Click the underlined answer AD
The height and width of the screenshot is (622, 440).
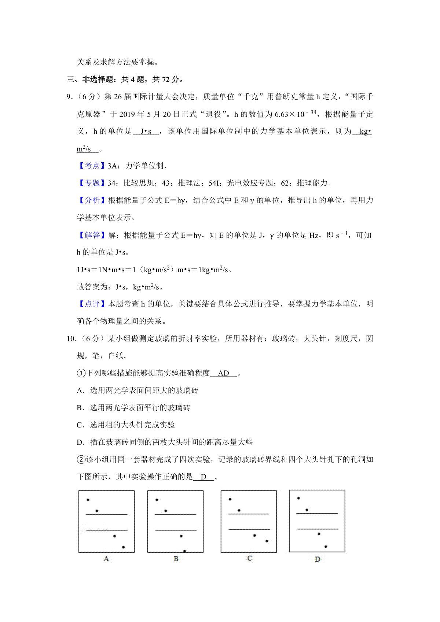[223, 373]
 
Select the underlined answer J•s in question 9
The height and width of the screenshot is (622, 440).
[146, 132]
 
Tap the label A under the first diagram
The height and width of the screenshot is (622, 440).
[106, 559]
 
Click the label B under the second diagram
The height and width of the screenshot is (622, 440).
[176, 559]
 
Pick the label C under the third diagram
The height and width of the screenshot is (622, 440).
[249, 558]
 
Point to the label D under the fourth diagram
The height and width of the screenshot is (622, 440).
[318, 559]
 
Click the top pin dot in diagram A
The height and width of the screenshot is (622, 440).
[88, 500]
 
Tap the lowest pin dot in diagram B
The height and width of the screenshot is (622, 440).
[184, 551]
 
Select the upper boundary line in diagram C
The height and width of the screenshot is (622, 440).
[249, 514]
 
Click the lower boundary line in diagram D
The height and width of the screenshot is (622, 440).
[317, 529]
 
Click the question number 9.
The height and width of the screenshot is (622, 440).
[70, 97]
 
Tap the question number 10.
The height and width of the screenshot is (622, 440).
[71, 338]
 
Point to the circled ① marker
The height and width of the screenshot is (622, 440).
[81, 373]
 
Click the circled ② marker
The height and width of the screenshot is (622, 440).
[81, 460]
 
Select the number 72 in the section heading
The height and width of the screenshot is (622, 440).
[166, 79]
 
